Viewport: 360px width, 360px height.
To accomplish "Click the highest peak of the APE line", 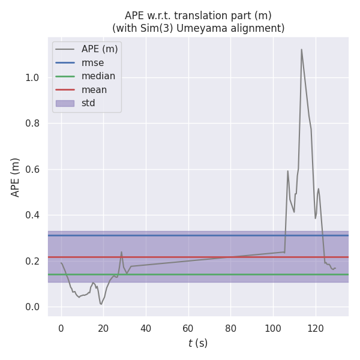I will [x=301, y=49].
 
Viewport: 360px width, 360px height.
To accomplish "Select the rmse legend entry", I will [x=92, y=62].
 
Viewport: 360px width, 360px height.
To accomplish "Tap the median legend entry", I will [x=98, y=76].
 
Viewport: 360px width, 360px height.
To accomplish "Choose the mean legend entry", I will [x=94, y=89].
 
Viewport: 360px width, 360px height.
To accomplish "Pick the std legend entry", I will [x=88, y=103].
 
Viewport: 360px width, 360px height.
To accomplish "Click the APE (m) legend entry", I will [x=100, y=49].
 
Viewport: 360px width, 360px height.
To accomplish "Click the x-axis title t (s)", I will [x=198, y=343].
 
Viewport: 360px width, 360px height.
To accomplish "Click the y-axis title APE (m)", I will [x=16, y=177].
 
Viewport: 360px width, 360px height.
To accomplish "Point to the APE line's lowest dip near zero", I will [x=101, y=304].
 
